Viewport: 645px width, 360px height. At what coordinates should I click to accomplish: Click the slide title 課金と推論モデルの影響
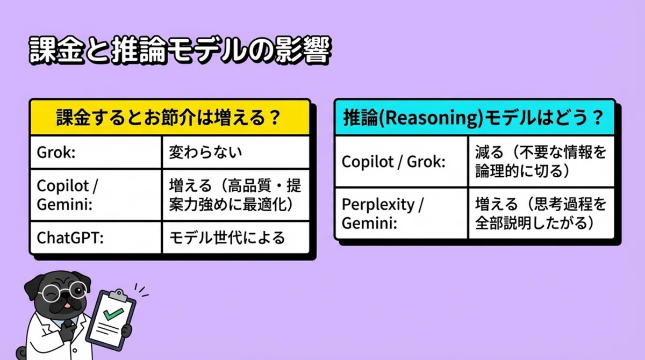tap(180, 49)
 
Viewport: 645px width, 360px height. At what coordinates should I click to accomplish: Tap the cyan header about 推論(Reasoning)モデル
tap(474, 118)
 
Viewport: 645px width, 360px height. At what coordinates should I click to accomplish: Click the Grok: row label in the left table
tap(56, 152)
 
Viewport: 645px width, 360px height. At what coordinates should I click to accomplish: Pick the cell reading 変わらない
tap(205, 152)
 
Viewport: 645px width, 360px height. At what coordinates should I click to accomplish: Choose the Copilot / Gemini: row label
tap(67, 195)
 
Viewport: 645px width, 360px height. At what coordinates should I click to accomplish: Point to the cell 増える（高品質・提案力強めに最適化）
tap(235, 195)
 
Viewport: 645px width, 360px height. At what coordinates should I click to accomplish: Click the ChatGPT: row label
tap(70, 237)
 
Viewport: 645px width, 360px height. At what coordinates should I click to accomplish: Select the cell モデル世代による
tap(227, 237)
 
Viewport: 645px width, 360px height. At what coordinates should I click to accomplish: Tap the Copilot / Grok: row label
tap(393, 162)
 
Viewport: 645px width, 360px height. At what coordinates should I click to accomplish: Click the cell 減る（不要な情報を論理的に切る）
tap(541, 162)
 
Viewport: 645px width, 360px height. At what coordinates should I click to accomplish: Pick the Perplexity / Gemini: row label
tap(383, 214)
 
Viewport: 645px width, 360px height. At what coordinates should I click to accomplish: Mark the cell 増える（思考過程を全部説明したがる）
tap(541, 214)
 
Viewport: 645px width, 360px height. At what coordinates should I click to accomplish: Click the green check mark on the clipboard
tap(113, 314)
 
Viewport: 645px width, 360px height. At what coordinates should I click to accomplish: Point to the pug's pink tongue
tap(67, 305)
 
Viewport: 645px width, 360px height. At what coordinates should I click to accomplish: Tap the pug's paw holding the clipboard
tap(126, 330)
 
